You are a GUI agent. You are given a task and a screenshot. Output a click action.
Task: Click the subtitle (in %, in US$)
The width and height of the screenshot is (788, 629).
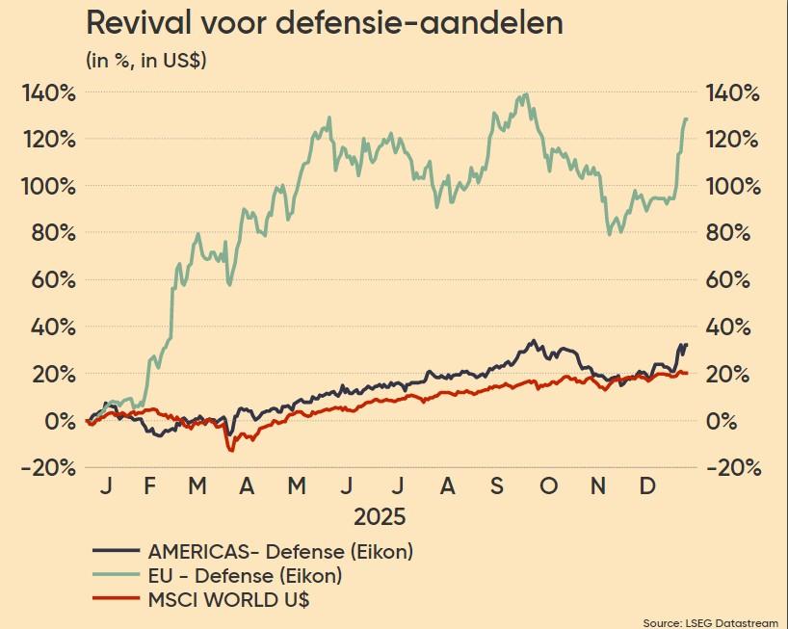(146, 61)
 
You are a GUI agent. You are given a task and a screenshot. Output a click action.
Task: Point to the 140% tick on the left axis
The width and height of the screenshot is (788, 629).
(47, 93)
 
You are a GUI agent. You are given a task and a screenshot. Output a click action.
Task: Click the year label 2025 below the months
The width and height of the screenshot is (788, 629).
(380, 516)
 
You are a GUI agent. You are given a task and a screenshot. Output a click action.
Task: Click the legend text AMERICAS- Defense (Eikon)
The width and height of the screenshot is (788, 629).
(280, 552)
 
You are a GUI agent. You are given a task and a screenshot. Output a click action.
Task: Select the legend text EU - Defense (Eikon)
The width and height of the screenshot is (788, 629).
(245, 576)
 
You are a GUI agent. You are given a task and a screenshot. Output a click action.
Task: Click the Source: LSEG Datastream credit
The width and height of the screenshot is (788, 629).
(712, 620)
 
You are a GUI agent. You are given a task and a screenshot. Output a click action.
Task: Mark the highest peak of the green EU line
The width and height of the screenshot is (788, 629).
(525, 94)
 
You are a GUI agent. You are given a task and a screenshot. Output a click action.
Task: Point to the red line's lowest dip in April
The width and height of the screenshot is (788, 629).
(230, 450)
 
